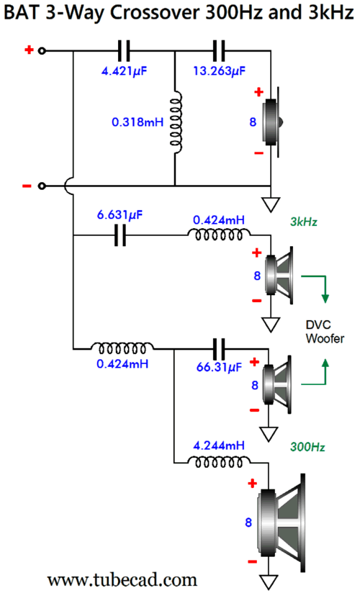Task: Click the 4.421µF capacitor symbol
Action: [124, 51]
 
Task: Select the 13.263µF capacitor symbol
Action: [218, 51]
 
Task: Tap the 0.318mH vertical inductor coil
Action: [176, 122]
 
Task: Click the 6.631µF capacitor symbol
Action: [120, 235]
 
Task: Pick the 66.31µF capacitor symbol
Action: [219, 349]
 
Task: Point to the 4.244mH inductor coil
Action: [219, 461]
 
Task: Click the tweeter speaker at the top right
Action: [273, 122]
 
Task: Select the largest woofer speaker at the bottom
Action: [282, 523]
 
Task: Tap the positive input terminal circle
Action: [42, 50]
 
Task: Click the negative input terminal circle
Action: [42, 186]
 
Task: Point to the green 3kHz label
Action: [304, 222]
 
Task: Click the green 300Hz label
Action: [307, 447]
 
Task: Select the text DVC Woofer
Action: [325, 332]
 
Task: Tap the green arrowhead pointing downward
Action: [325, 298]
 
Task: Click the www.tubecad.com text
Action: [122, 579]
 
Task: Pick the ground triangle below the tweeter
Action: [271, 204]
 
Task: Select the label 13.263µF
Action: [219, 71]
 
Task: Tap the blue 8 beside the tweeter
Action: [253, 122]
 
